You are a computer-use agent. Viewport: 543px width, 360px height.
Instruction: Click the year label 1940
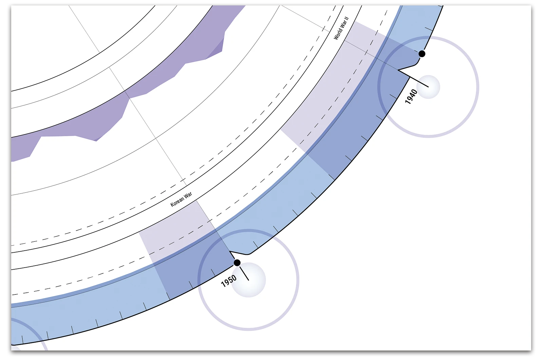pyautogui.click(x=411, y=96)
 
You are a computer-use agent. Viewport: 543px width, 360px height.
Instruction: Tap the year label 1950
pyautogui.click(x=229, y=281)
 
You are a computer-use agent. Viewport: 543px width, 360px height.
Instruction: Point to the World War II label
pyautogui.click(x=341, y=28)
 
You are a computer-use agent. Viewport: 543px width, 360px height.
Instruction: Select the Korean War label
pyautogui.click(x=181, y=199)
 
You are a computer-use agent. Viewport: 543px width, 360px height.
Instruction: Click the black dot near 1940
pyautogui.click(x=422, y=54)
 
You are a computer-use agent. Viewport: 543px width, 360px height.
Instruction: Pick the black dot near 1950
pyautogui.click(x=237, y=263)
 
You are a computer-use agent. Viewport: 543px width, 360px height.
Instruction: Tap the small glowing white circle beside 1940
pyautogui.click(x=428, y=87)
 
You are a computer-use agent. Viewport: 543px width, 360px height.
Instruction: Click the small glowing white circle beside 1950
pyautogui.click(x=248, y=280)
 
